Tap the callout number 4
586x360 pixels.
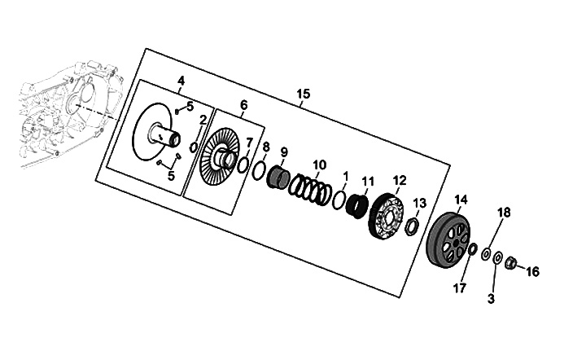pyautogui.click(x=181, y=80)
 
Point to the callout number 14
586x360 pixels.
pyautogui.click(x=461, y=199)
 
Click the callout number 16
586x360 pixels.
pyautogui.click(x=533, y=271)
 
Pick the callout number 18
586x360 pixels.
pyautogui.click(x=505, y=213)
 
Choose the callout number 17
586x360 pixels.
pyautogui.click(x=459, y=288)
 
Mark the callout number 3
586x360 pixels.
pyautogui.click(x=491, y=299)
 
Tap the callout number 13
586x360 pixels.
pyautogui.click(x=419, y=202)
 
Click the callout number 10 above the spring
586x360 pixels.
pyautogui.click(x=319, y=165)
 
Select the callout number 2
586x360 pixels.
pyautogui.click(x=203, y=120)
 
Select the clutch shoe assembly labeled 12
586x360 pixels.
pyautogui.click(x=388, y=216)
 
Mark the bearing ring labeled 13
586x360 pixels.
pyautogui.click(x=413, y=226)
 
